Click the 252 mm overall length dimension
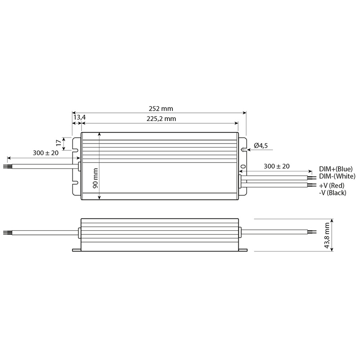tap(161, 108)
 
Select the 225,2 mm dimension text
tap(161, 119)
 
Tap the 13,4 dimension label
tap(80, 117)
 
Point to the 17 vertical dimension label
tap(59, 143)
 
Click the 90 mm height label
tap(95, 178)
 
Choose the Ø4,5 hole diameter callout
tap(261, 145)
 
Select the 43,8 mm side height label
tap(327, 235)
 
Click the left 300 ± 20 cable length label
tap(46, 153)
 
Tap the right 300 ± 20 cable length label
tap(277, 166)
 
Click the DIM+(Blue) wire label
tap(336, 169)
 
